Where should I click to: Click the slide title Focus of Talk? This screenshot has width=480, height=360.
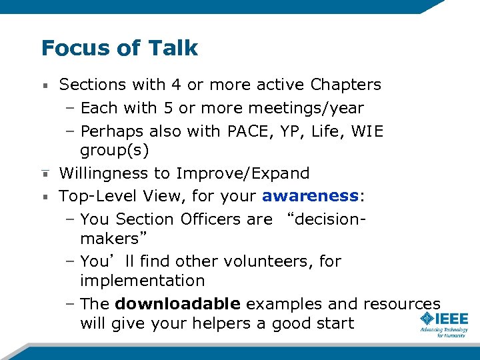(119, 48)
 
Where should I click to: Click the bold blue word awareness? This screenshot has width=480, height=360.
(310, 196)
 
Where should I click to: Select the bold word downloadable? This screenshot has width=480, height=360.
(177, 304)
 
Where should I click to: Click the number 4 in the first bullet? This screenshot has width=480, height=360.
(175, 85)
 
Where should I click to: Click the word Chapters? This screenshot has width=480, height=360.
(345, 85)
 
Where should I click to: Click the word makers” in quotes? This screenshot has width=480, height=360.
(113, 239)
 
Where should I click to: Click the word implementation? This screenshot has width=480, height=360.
(142, 281)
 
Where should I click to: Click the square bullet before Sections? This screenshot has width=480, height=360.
(45, 85)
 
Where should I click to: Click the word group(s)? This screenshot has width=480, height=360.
(114, 150)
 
